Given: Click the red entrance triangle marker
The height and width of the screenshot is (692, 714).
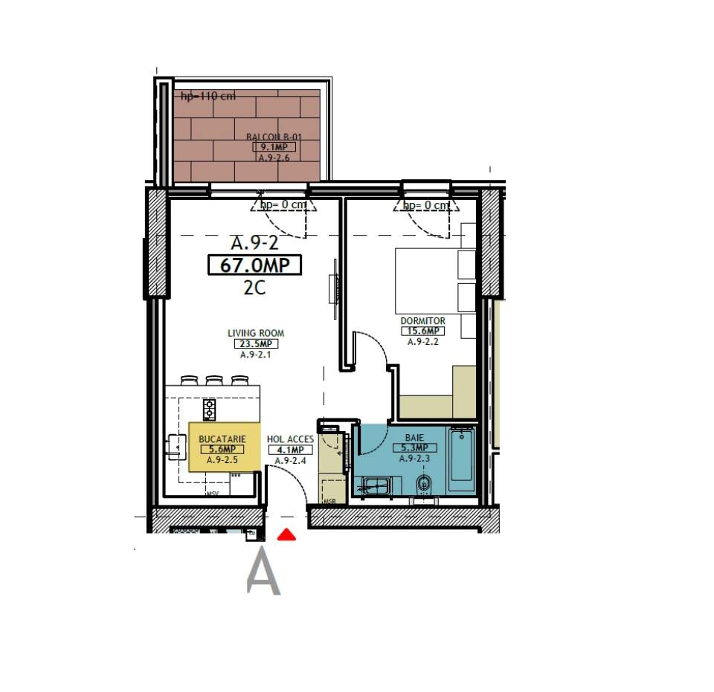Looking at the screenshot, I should point(286,534).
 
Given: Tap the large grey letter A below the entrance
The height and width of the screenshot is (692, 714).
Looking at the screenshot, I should point(263,572).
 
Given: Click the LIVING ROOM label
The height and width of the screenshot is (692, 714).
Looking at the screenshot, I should point(256,333).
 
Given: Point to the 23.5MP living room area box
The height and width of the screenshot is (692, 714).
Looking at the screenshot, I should point(257,344).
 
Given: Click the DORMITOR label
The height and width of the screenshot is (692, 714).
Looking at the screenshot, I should point(422,321).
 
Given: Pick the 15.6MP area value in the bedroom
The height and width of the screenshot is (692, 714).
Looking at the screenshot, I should point(422,332).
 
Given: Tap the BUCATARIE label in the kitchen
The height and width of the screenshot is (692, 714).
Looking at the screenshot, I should point(222,439).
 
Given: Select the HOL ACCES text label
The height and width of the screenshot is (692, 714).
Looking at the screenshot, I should point(290,439).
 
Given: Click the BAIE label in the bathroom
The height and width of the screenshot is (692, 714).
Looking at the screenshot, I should point(414,438).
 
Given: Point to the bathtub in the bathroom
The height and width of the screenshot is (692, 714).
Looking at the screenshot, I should point(461,454).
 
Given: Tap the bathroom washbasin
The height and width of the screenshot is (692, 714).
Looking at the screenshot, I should point(376,486).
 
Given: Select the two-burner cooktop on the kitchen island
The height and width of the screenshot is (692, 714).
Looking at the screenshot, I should point(209,409).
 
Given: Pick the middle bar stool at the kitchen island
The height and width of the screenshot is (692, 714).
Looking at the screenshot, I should point(214,381).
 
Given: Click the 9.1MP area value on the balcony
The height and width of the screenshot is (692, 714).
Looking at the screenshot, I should point(268,147).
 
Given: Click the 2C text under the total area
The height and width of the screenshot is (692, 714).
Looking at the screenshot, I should point(254,288).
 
